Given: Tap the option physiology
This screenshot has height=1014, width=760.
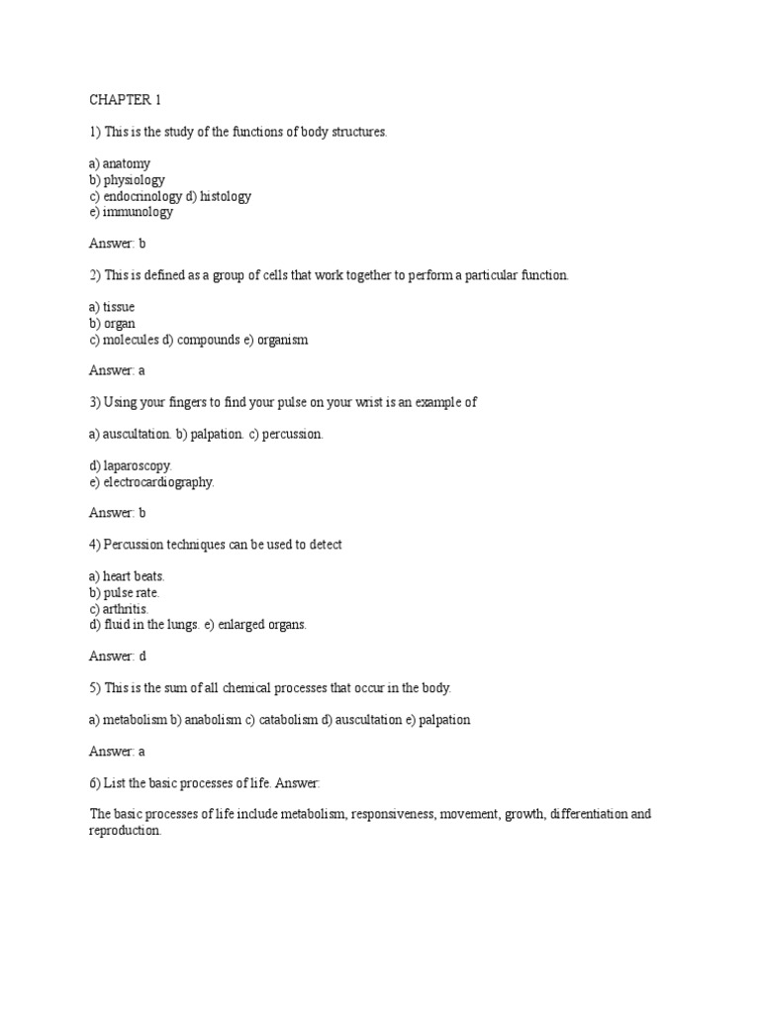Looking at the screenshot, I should click(134, 180).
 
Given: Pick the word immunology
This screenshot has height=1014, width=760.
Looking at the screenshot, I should click(138, 212).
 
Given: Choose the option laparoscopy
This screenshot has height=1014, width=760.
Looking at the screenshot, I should click(138, 465).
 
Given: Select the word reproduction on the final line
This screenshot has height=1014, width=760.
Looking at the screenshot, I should click(124, 831).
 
